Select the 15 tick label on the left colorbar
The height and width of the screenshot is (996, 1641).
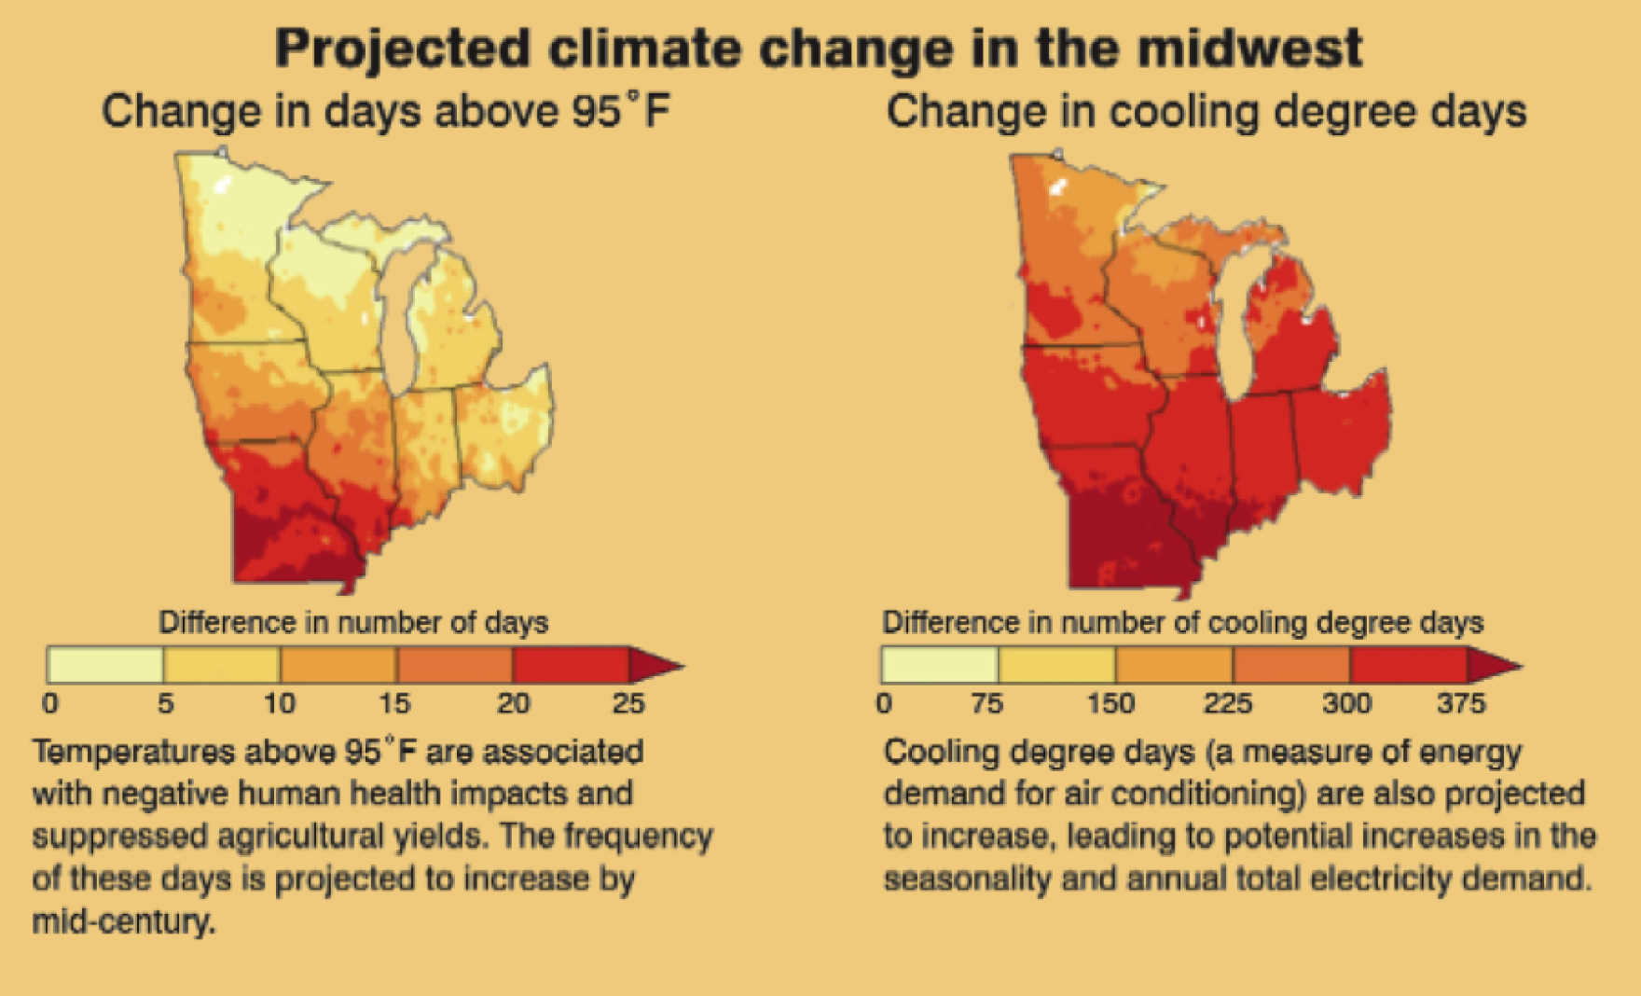coord(395,702)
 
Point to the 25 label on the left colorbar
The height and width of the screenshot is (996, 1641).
coord(627,702)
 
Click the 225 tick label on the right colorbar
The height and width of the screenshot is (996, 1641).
coord(1228,702)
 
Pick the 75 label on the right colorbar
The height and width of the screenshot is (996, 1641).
coord(987,702)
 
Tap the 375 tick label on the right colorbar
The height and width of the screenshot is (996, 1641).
coord(1461,702)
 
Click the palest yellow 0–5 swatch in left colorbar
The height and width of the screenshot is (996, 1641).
coord(105,665)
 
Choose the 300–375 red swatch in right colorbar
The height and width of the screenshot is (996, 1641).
coord(1408,665)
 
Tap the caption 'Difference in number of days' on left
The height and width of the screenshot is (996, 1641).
coord(353,622)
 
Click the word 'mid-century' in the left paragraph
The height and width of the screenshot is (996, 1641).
coord(123,921)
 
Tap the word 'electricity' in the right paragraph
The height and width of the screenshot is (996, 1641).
coord(1380,878)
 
